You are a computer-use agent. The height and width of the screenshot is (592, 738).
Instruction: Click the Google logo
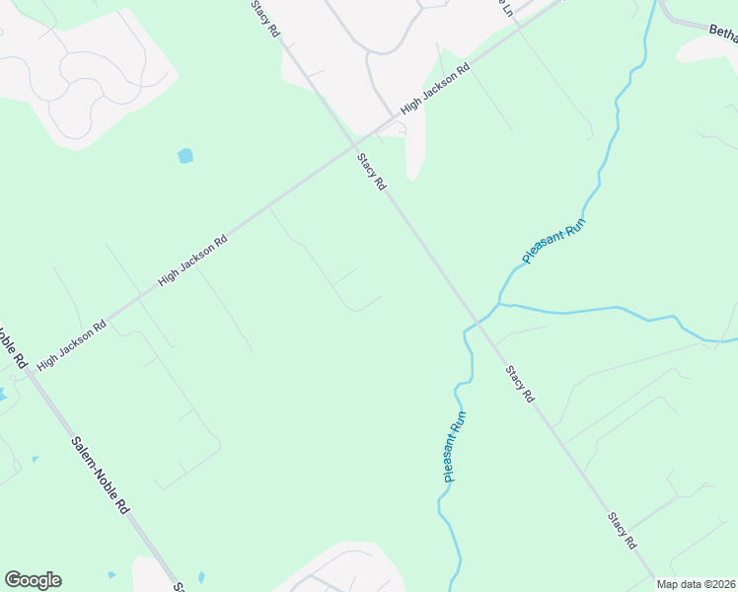coord(33,580)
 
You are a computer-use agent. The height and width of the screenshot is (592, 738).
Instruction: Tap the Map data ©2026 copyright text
coord(696,584)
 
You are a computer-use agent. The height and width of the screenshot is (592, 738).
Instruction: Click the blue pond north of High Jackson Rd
coord(185,155)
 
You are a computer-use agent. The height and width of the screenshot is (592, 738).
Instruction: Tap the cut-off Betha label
coord(723,35)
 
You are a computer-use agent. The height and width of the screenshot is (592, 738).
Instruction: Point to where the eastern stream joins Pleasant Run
coord(501,304)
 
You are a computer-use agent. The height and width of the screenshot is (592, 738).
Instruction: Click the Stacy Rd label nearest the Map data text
coord(622,530)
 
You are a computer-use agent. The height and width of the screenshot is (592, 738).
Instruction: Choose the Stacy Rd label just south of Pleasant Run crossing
coord(519,384)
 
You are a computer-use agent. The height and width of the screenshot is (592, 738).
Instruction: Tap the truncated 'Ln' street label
coord(506,9)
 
